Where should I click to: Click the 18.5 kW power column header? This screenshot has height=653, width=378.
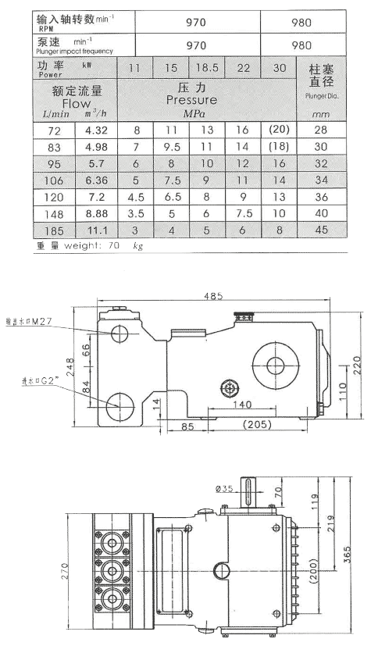(207, 69)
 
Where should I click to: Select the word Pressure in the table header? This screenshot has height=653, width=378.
(207, 101)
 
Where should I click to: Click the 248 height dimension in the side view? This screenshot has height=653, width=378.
(71, 373)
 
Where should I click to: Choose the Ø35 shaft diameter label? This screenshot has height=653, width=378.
(223, 489)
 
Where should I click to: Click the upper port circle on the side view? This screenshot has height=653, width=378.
(120, 334)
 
